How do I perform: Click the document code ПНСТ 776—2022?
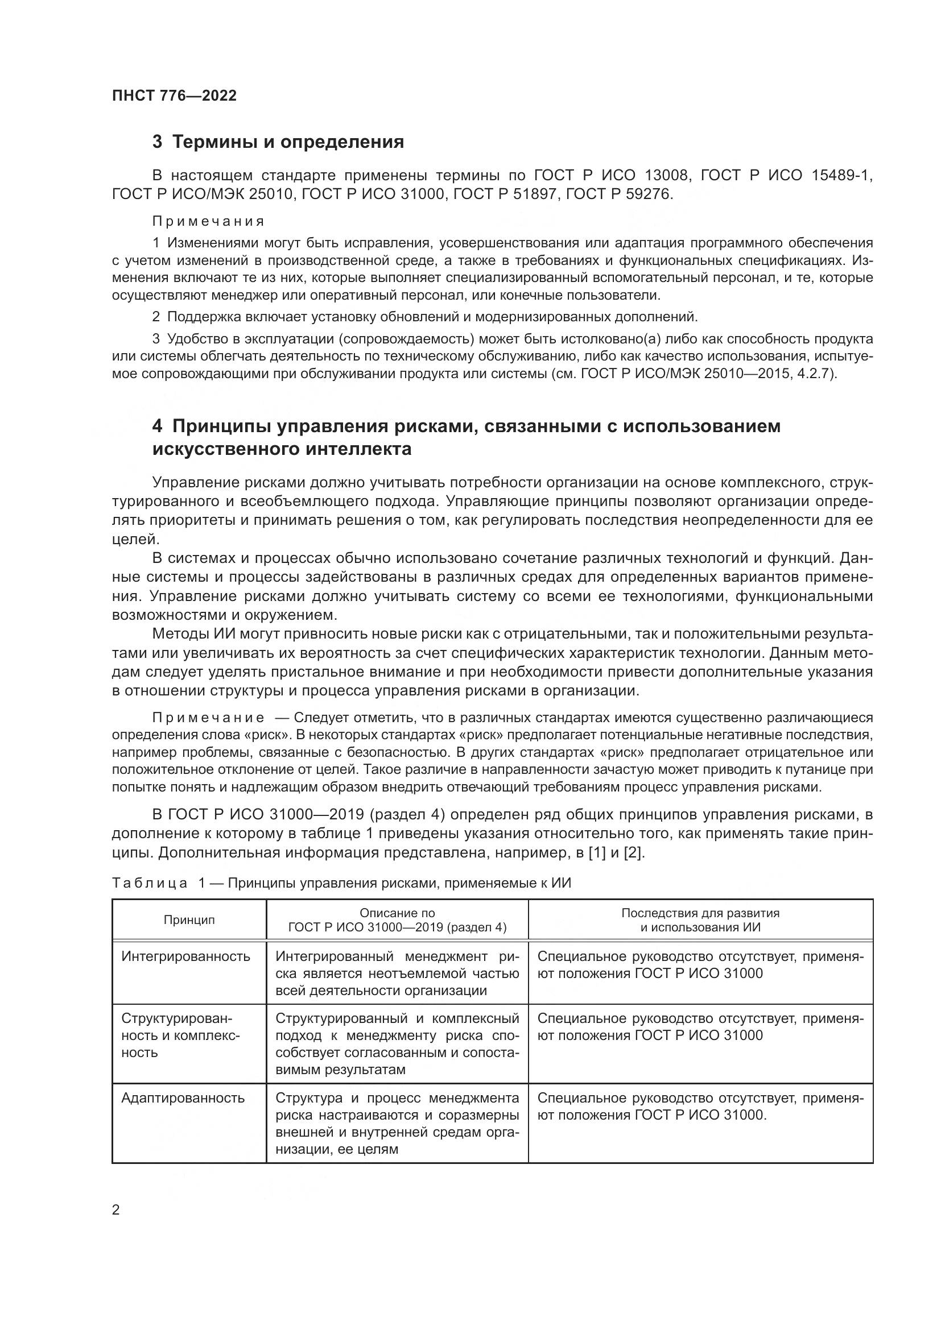coord(175,96)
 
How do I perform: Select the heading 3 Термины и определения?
coord(278,142)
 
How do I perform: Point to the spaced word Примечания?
coord(209,221)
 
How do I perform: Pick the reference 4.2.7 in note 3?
coord(814,374)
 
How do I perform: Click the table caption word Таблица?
coord(150,884)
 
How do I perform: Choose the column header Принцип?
coord(189,920)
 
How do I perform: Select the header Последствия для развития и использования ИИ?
coord(700,920)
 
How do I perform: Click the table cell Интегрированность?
coord(186,956)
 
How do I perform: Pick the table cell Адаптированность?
coord(183,1097)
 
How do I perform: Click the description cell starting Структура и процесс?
coord(397,1123)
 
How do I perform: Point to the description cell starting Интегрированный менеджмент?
coord(397,973)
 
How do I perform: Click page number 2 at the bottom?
coord(116,1210)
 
